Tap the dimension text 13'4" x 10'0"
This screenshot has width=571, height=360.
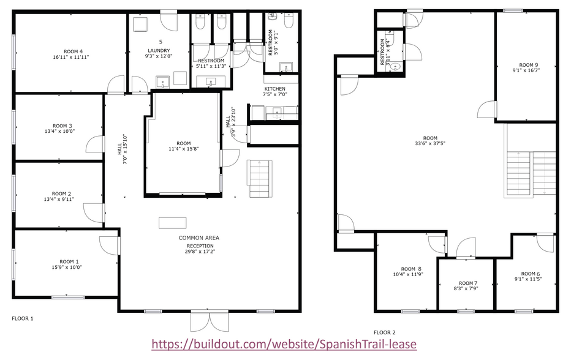59,131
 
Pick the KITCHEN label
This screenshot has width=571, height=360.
274,89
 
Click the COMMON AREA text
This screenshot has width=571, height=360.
199,238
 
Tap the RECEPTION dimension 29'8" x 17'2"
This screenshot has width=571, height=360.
201,251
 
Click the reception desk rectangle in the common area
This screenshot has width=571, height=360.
173,222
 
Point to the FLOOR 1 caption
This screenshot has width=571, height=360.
23,318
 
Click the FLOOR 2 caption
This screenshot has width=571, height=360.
385,332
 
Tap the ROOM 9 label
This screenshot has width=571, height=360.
528,65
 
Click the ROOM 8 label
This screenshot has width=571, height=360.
411,269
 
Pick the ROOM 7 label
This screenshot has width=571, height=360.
466,283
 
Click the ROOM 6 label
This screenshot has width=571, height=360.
531,274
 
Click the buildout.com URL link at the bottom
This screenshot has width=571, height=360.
284,344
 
